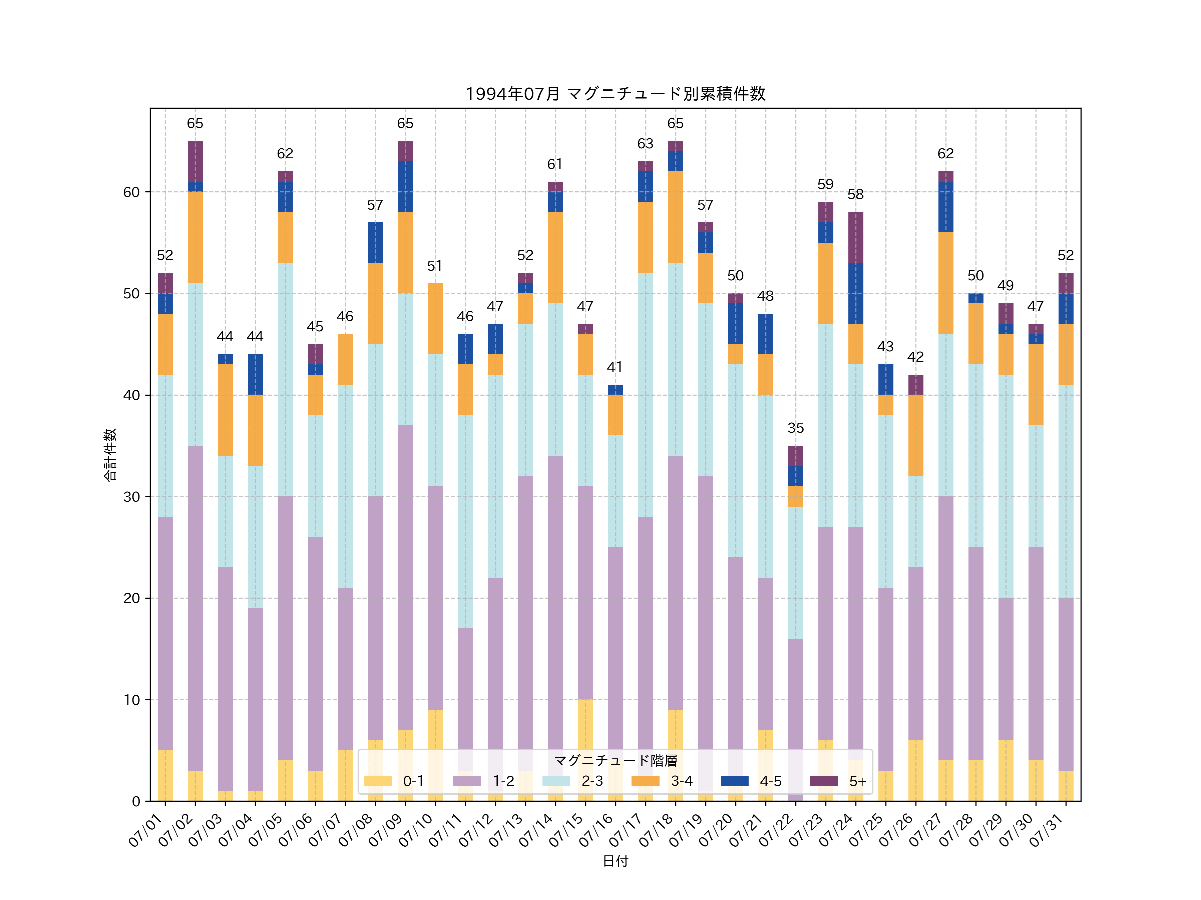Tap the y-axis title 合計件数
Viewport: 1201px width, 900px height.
(x=110, y=455)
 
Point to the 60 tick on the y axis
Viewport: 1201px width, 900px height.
(x=131, y=192)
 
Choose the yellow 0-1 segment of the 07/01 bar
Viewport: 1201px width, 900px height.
(x=165, y=775)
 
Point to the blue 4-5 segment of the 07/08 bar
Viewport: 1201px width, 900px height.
(x=375, y=242)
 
